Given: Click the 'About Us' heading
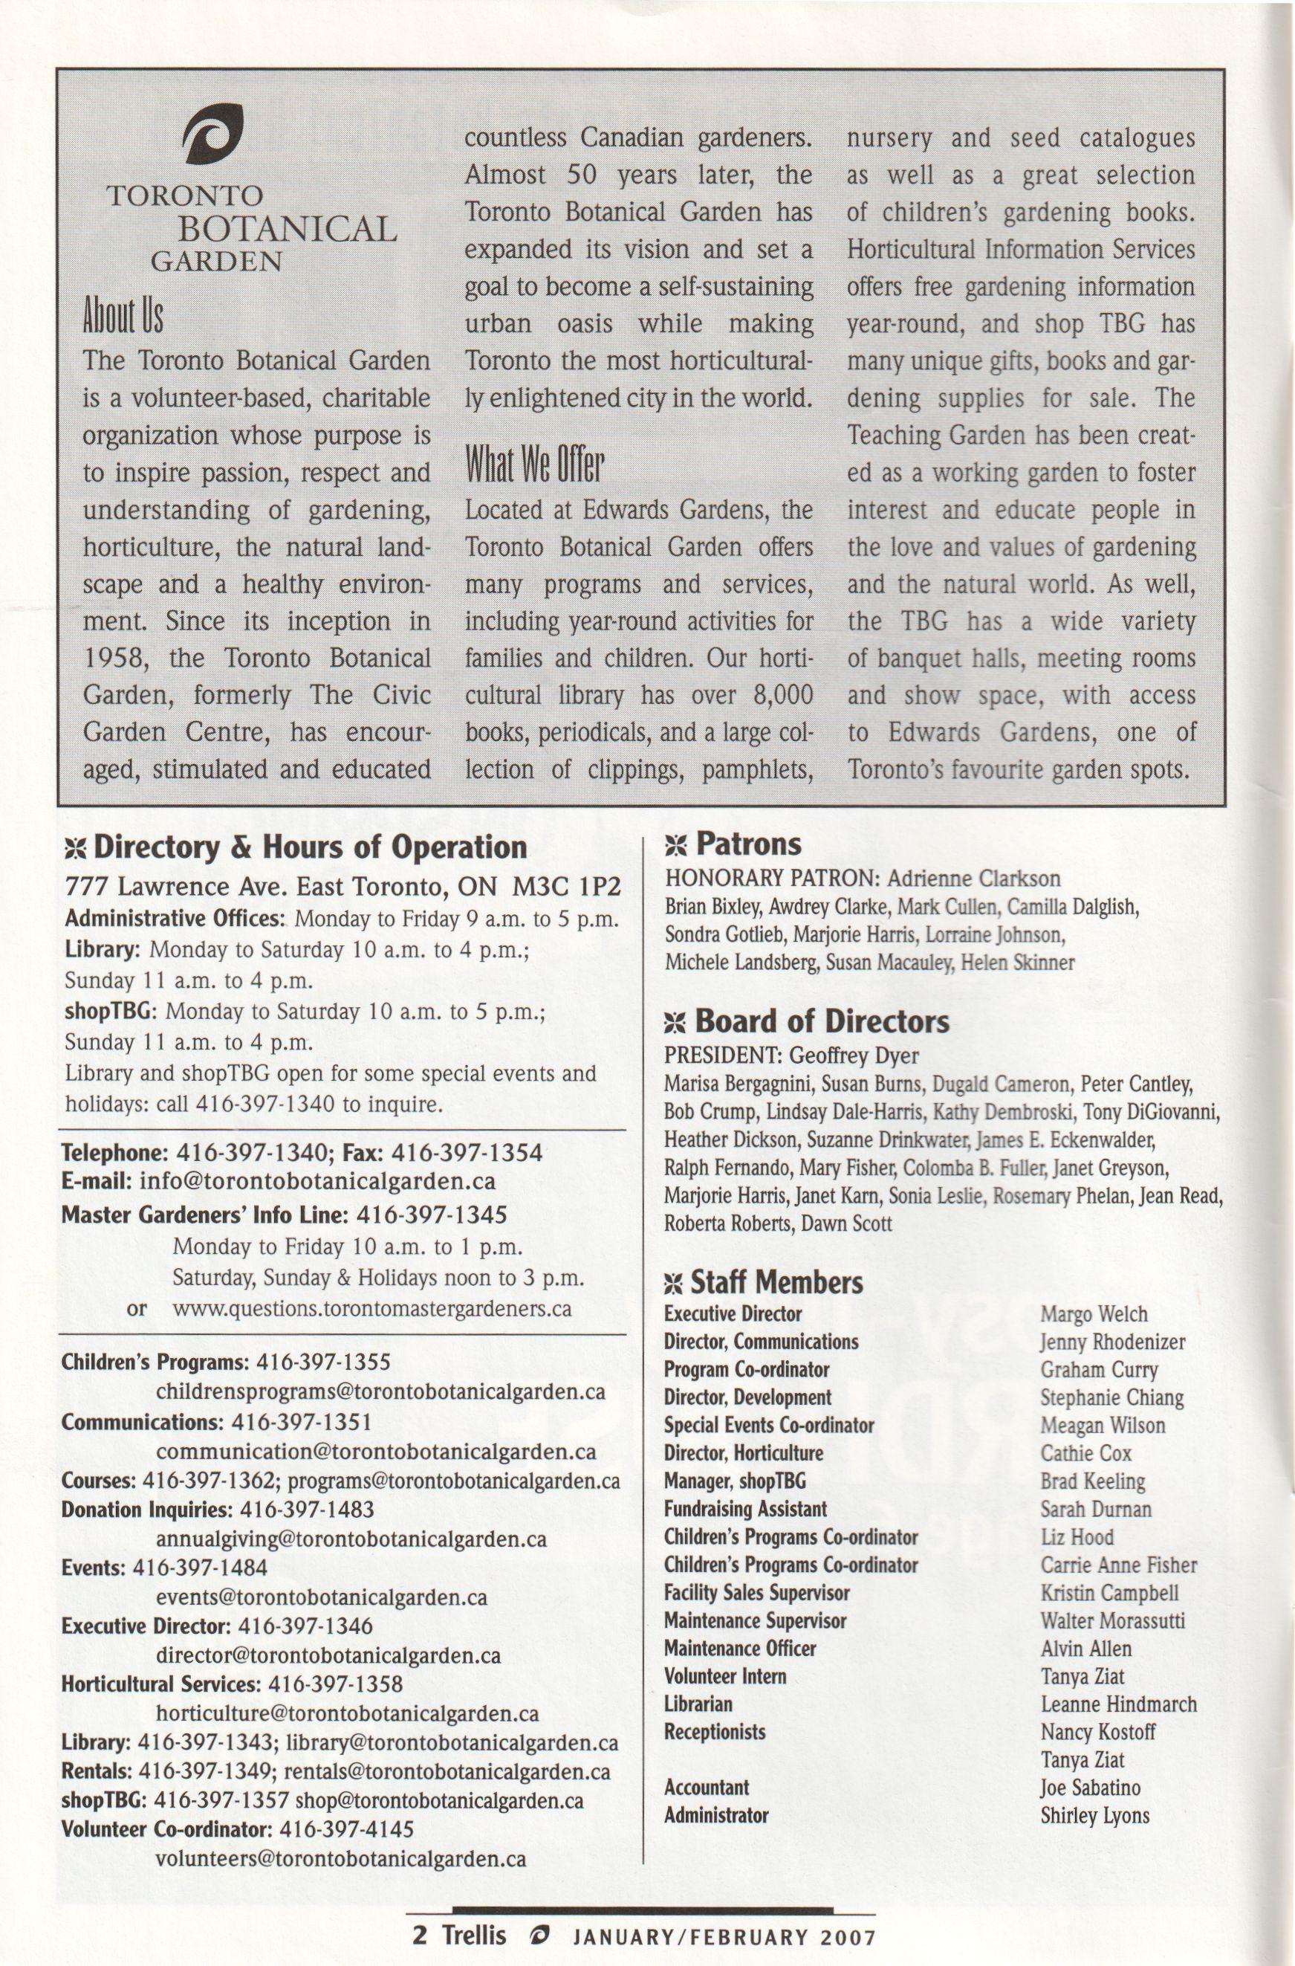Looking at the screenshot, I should [123, 316].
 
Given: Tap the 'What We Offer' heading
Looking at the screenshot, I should [534, 466].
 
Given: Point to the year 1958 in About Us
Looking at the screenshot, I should [116, 659].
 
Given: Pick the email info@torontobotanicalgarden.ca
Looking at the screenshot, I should [317, 1180].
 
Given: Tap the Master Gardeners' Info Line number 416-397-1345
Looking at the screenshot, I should [431, 1215].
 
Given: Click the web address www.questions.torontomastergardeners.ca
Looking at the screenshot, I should [371, 1308].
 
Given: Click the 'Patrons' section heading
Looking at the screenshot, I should [748, 844].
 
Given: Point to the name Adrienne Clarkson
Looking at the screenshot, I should [973, 878].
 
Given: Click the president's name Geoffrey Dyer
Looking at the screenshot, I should [854, 1055].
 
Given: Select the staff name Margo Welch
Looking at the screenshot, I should [1094, 1314].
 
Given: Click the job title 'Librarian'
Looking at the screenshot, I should [698, 1704].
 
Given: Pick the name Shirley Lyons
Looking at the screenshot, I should [1094, 1816].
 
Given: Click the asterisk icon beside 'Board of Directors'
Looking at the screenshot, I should [675, 1024].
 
